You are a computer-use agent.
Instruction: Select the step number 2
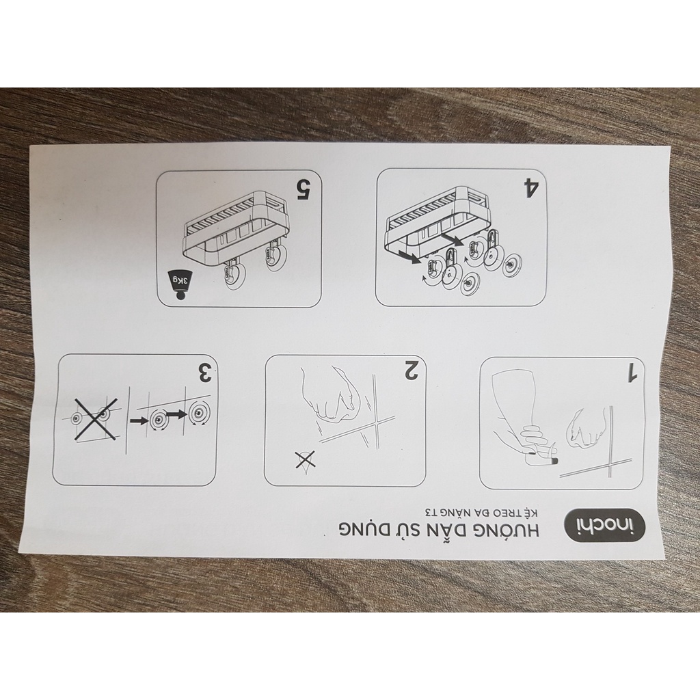[412, 370]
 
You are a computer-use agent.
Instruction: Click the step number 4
[530, 187]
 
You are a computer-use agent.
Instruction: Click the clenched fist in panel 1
[586, 427]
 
